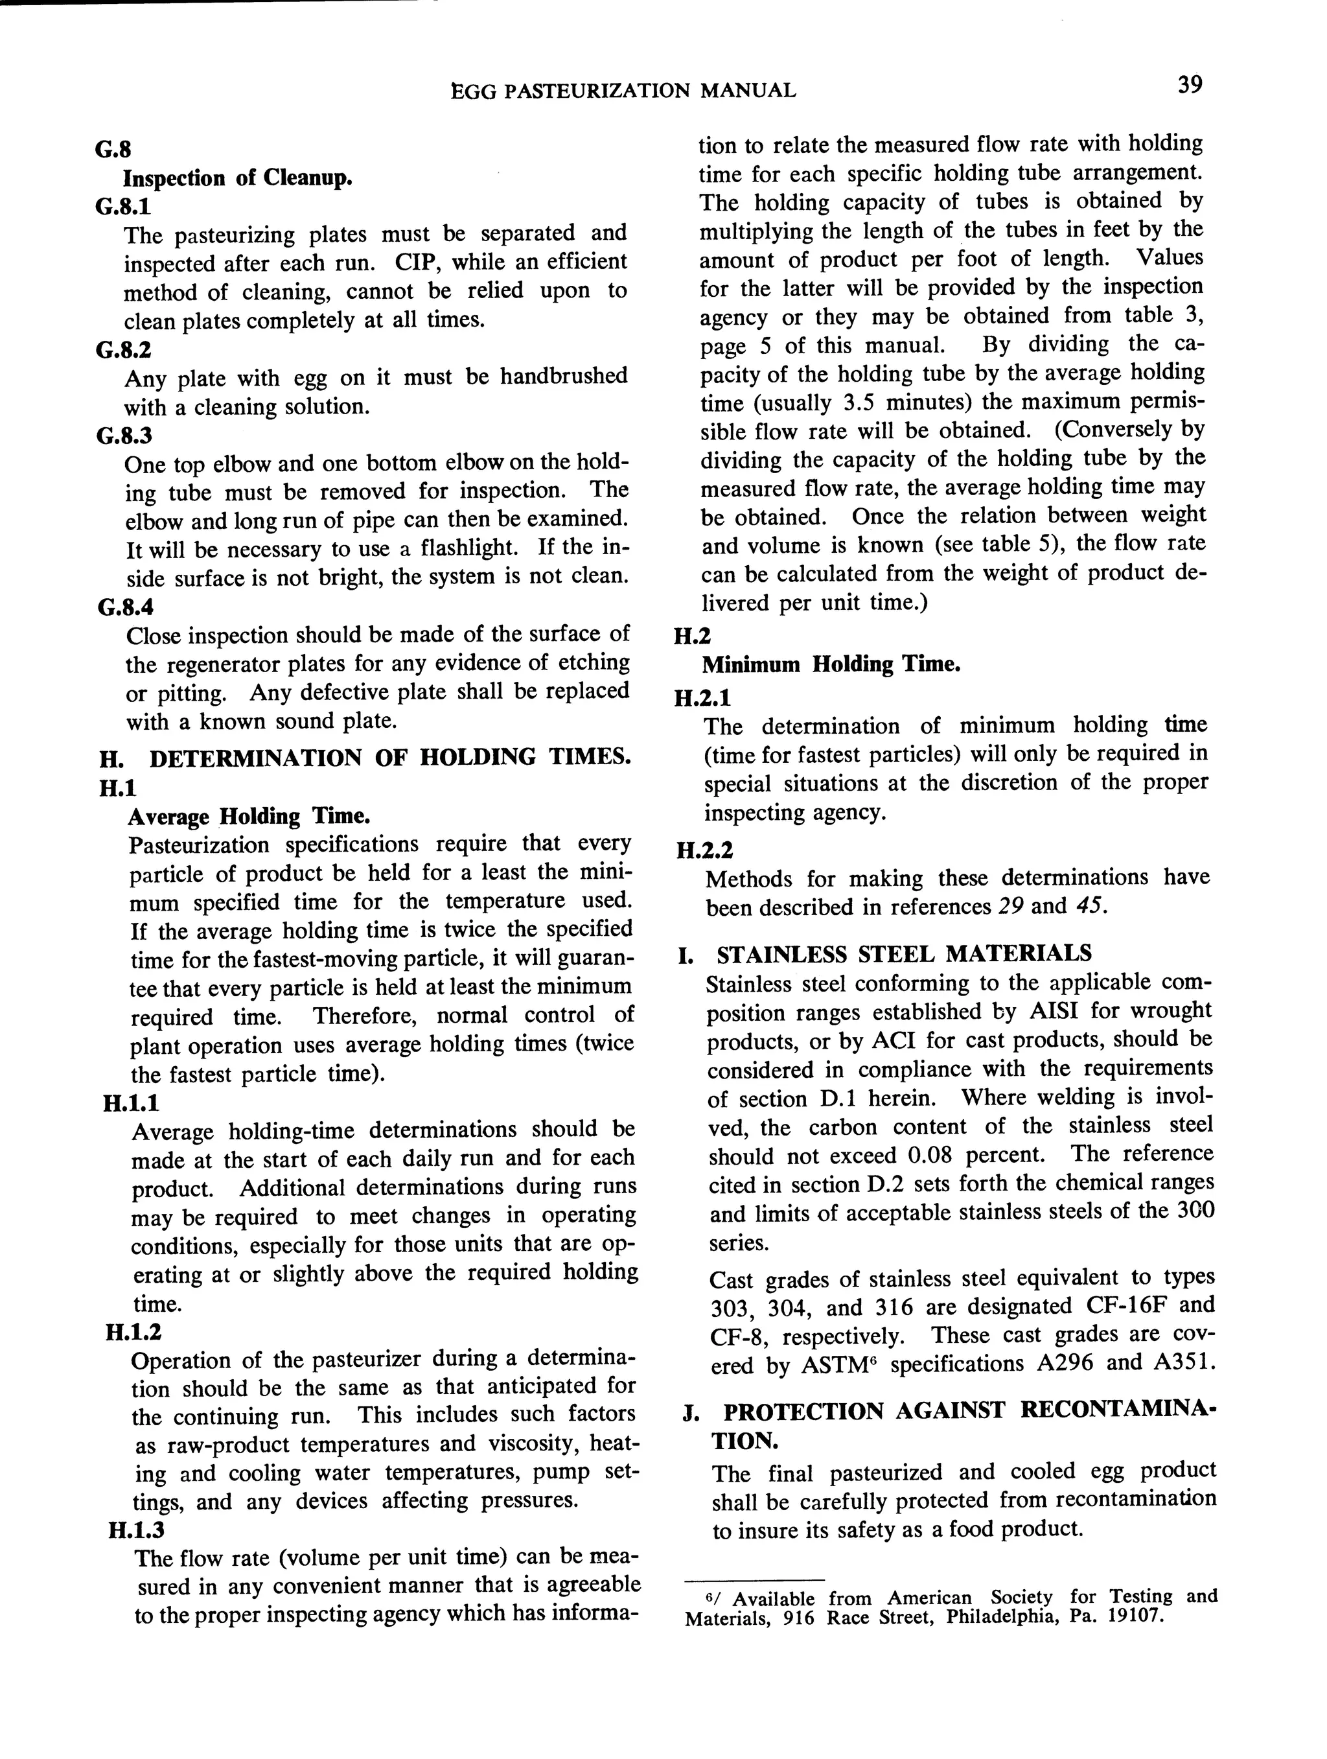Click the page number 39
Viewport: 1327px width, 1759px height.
1190,85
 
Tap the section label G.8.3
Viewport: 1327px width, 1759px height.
123,435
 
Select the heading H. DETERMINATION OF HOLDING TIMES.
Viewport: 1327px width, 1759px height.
365,757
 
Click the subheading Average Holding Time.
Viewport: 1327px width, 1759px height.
248,817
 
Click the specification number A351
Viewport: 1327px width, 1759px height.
1183,1363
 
